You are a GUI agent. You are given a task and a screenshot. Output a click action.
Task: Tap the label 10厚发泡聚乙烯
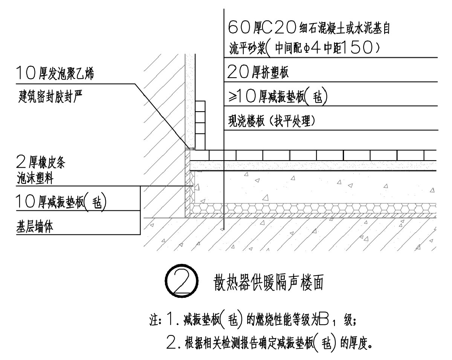(55, 73)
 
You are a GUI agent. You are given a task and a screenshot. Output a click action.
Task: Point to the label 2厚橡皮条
(41, 164)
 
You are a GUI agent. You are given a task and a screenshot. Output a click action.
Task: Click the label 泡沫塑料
(35, 179)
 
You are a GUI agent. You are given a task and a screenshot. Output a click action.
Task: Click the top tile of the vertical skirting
(200, 106)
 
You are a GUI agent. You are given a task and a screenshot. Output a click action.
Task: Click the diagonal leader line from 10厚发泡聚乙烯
(162, 115)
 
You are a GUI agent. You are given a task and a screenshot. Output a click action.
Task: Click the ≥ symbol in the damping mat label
(232, 98)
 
